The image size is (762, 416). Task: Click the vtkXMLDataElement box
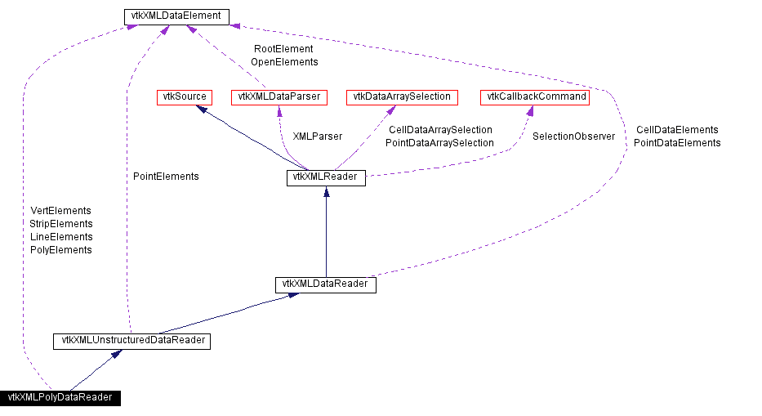176,16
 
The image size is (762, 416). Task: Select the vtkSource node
182,97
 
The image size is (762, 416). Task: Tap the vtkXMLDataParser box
279,97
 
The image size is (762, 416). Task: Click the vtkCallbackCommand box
537,97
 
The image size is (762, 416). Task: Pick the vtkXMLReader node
326,178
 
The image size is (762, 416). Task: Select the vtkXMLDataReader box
326,284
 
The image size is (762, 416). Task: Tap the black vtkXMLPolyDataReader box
60,398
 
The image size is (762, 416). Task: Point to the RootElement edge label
283,49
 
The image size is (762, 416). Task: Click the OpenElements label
284,62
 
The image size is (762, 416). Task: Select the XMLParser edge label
317,136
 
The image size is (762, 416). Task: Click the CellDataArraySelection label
440,130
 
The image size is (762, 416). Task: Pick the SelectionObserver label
573,136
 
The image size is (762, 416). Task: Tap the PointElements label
166,177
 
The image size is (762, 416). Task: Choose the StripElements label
61,224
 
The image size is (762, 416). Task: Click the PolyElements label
61,250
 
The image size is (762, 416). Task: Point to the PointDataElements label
677,143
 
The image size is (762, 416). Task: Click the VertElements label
60,211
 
